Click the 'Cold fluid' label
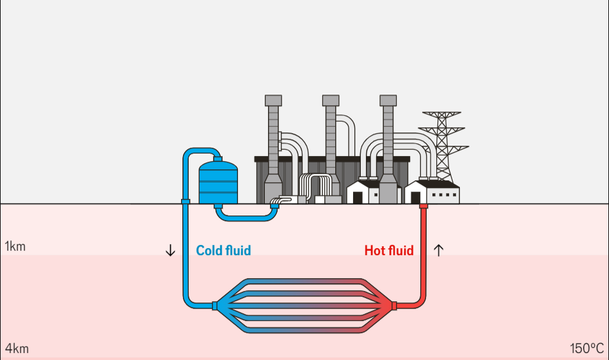pyautogui.click(x=223, y=251)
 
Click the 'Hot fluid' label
pyautogui.click(x=389, y=251)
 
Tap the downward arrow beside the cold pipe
pyautogui.click(x=170, y=251)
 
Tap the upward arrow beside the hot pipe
pyautogui.click(x=438, y=250)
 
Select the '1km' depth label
pyautogui.click(x=15, y=247)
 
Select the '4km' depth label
pyautogui.click(x=17, y=349)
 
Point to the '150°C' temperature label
pyautogui.click(x=587, y=349)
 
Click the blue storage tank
pyautogui.click(x=218, y=183)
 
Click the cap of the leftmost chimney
pyautogui.click(x=273, y=100)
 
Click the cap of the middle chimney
pyautogui.click(x=330, y=100)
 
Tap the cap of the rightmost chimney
pyautogui.click(x=388, y=100)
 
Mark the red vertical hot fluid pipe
pyautogui.click(x=423, y=256)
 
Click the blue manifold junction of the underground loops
pyautogui.click(x=216, y=305)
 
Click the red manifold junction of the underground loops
pyautogui.click(x=393, y=305)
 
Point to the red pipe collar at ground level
pyautogui.click(x=423, y=206)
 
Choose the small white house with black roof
pyautogui.click(x=362, y=192)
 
